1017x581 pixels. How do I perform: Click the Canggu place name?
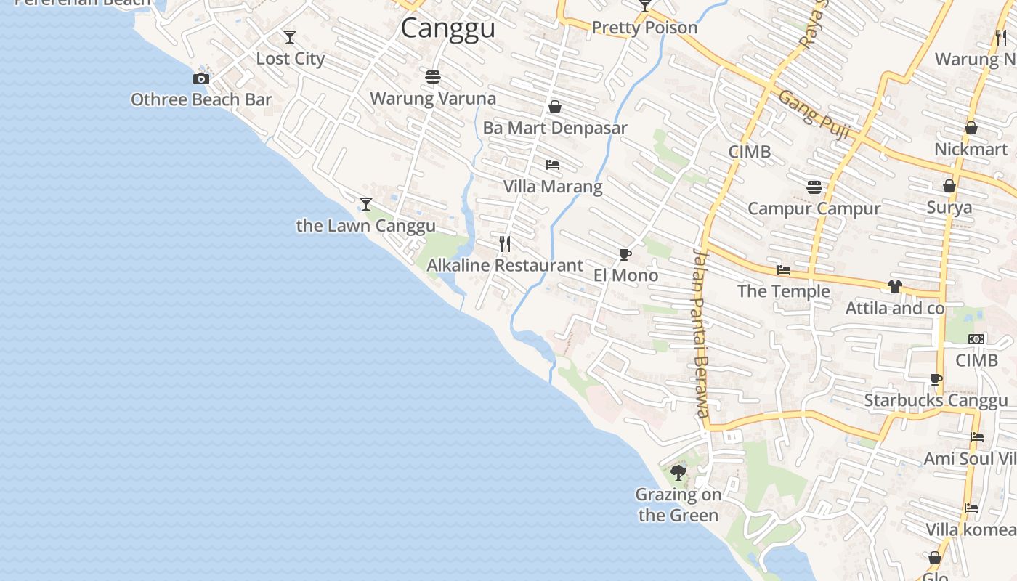click(447, 28)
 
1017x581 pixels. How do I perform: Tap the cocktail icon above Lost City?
click(290, 37)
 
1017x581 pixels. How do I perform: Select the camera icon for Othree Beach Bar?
click(201, 78)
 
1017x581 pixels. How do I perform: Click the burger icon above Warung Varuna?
click(433, 76)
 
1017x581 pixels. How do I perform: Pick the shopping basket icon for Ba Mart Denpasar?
click(555, 107)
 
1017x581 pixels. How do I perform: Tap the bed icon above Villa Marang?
click(553, 165)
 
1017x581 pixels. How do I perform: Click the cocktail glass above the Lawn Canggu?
click(366, 204)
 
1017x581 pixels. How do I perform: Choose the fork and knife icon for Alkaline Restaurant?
click(505, 243)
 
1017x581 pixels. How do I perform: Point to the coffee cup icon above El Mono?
click(625, 254)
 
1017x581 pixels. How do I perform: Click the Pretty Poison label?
click(644, 28)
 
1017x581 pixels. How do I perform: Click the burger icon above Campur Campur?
click(814, 187)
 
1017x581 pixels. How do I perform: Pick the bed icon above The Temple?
click(784, 270)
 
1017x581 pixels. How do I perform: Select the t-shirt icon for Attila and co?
click(894, 287)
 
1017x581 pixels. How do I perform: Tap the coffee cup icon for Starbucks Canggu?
click(936, 379)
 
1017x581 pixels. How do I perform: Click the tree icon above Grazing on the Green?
click(678, 473)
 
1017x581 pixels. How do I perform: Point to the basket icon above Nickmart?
click(971, 129)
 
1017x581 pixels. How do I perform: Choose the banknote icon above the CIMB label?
click(976, 339)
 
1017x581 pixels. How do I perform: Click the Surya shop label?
click(949, 208)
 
